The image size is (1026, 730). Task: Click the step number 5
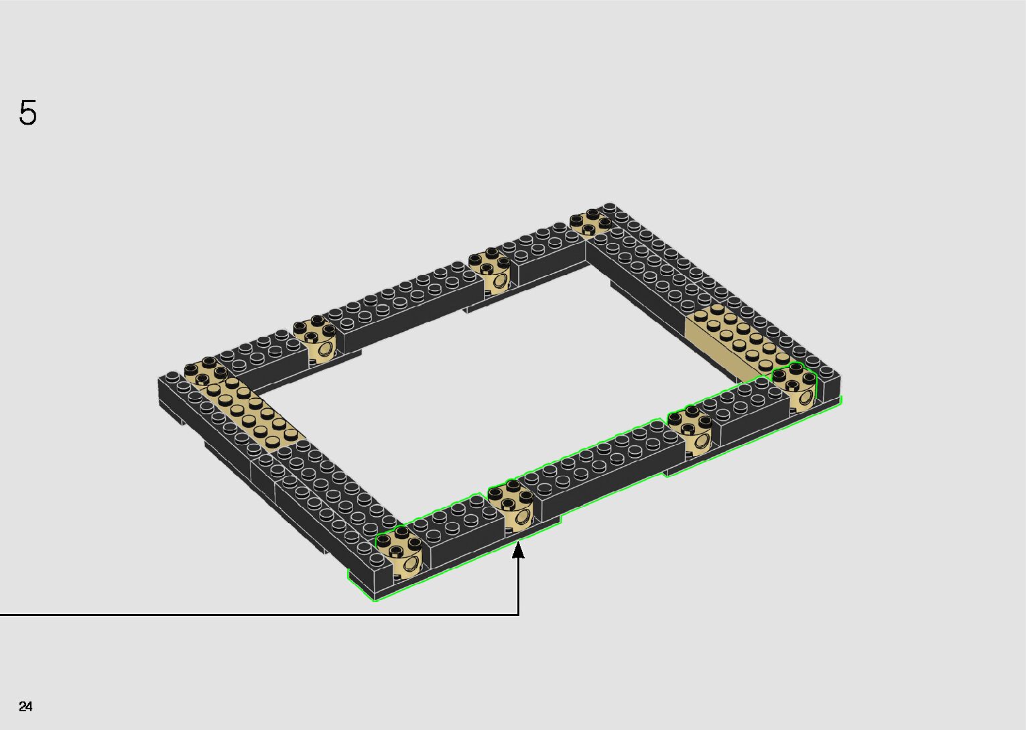click(x=27, y=112)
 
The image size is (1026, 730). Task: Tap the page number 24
click(x=25, y=706)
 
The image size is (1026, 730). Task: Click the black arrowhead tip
click(x=518, y=542)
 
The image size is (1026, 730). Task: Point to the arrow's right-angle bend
click(x=518, y=615)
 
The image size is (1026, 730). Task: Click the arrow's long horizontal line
click(x=259, y=615)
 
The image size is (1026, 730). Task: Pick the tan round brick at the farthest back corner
click(x=591, y=222)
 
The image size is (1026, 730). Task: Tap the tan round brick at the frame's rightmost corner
click(x=794, y=387)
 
